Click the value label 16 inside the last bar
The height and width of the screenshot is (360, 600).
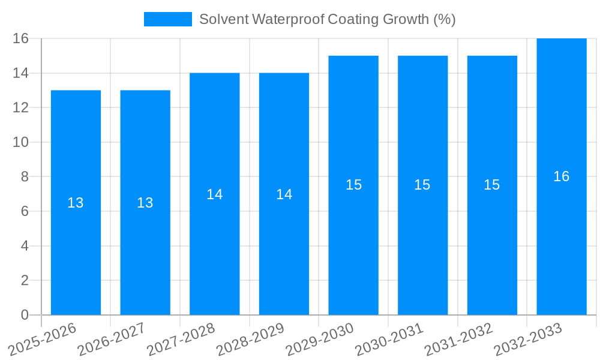[562, 176]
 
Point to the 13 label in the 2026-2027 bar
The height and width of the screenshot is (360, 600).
[145, 203]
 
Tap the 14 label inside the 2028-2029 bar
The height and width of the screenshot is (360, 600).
[284, 194]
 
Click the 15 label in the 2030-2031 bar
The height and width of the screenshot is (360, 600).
[422, 185]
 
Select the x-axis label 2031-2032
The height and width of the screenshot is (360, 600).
[460, 339]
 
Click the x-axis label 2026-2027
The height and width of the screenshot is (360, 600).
[112, 339]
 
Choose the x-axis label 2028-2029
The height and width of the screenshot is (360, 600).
[251, 339]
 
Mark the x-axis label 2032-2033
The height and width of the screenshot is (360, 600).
[529, 339]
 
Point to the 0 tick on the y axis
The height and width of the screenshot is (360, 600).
[25, 315]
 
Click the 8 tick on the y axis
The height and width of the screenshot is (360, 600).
[25, 177]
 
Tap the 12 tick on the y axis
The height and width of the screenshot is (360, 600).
[21, 108]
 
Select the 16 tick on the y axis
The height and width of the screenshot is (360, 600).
[21, 38]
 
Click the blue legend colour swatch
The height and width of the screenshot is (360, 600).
[168, 19]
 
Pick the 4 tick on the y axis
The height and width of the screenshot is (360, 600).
[25, 246]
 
